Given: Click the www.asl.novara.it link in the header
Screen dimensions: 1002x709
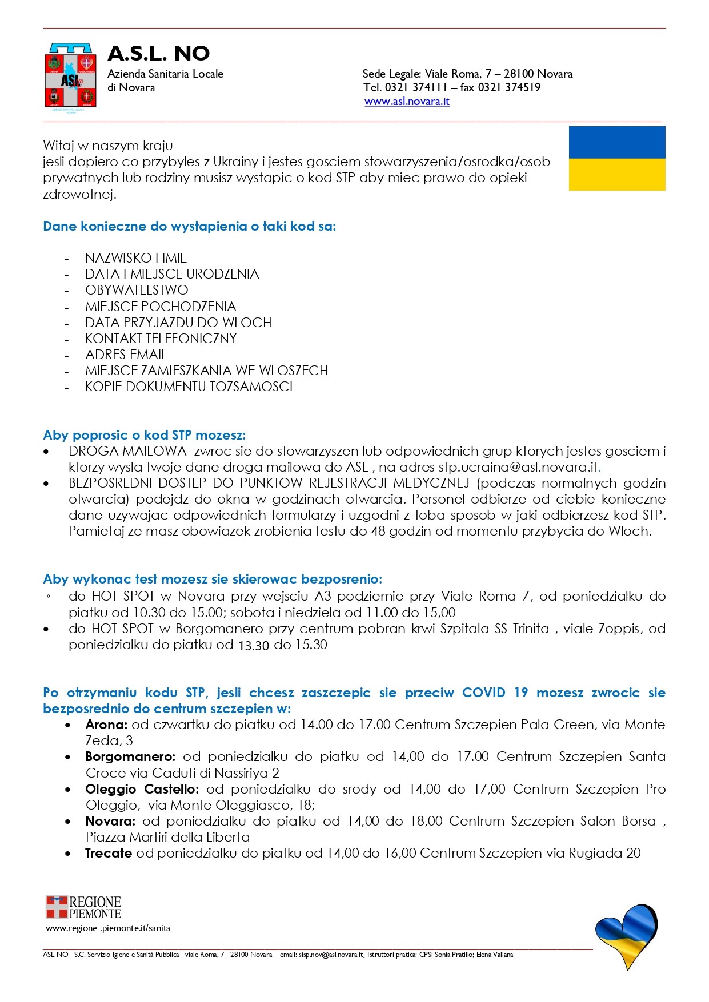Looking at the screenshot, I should coord(407,102).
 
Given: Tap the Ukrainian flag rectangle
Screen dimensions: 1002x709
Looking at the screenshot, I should coord(617,159).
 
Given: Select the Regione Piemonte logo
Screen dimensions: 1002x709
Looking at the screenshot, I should coord(83,906).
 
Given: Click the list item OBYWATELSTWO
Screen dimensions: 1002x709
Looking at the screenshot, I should coord(137,290).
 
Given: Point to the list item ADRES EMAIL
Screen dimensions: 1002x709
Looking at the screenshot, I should coord(126,355).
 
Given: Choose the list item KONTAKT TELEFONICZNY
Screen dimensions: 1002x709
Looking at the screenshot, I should coord(161,339).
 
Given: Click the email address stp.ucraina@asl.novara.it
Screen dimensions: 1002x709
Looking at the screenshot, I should coord(518,467).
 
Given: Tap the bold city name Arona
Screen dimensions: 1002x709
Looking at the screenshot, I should coord(106,725).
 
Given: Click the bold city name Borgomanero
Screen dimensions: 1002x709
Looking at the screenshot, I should coord(130,757).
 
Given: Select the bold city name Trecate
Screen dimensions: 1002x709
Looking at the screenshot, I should coord(109,854).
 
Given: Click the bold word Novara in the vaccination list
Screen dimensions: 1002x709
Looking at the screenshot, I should coord(110,822).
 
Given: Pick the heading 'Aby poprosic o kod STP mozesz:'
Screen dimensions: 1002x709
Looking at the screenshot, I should coord(145,436).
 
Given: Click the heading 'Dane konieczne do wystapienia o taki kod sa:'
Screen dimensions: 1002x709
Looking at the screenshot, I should coord(189,226).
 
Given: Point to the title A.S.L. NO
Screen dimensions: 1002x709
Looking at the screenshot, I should coord(159,54).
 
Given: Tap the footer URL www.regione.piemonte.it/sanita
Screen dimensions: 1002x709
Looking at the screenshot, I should coord(108,928).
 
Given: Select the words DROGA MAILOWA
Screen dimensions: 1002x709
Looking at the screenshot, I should coord(127,451).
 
